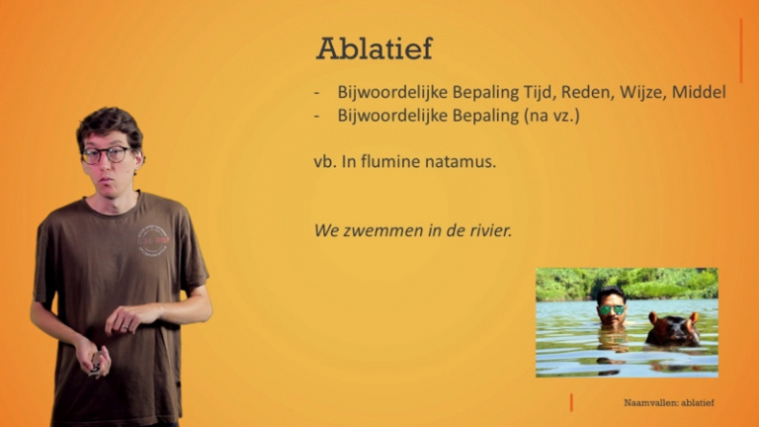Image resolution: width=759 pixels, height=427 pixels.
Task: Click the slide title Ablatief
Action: [374, 48]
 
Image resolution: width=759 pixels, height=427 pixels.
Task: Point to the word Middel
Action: [699, 92]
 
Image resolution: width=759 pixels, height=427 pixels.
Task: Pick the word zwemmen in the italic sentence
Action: [377, 230]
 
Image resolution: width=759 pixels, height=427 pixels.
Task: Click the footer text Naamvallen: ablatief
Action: [668, 403]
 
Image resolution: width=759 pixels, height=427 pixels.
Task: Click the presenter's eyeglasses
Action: [106, 154]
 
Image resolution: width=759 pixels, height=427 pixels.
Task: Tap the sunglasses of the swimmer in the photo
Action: [611, 309]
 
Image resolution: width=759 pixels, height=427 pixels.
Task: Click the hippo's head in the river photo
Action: [674, 329]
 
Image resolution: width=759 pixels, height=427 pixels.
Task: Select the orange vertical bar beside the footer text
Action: [571, 402]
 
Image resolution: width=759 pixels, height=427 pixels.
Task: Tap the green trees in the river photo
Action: [652, 283]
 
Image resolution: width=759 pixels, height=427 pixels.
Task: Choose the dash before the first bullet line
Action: [316, 92]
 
